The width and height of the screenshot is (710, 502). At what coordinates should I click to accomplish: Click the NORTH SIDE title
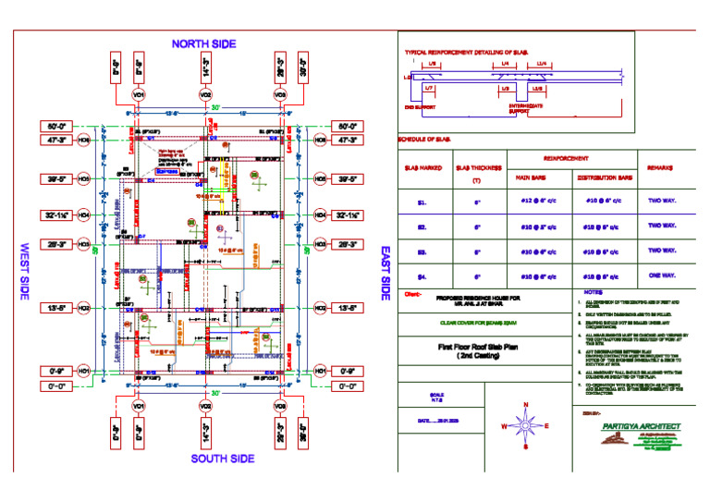[x=203, y=43]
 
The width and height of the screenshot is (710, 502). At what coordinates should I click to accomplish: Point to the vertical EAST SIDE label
[x=384, y=273]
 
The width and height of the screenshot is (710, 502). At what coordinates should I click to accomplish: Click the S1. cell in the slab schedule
[x=422, y=201]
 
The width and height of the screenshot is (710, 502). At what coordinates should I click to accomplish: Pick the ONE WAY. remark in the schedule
[x=661, y=275]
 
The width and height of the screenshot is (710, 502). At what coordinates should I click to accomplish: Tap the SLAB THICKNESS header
[x=478, y=168]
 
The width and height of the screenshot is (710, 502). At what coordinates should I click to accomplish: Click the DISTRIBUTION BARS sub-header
[x=605, y=177]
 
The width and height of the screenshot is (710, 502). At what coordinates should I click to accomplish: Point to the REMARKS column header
[x=660, y=168]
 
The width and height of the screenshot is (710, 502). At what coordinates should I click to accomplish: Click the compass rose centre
[x=525, y=426]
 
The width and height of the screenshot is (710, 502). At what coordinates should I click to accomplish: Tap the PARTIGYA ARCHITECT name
[x=639, y=426]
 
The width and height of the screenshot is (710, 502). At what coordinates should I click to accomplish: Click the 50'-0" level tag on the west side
[x=56, y=126]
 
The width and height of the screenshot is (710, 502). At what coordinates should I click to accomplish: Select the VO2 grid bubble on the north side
[x=205, y=95]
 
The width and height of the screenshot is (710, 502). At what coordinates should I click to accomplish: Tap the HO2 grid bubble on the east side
[x=320, y=308]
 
